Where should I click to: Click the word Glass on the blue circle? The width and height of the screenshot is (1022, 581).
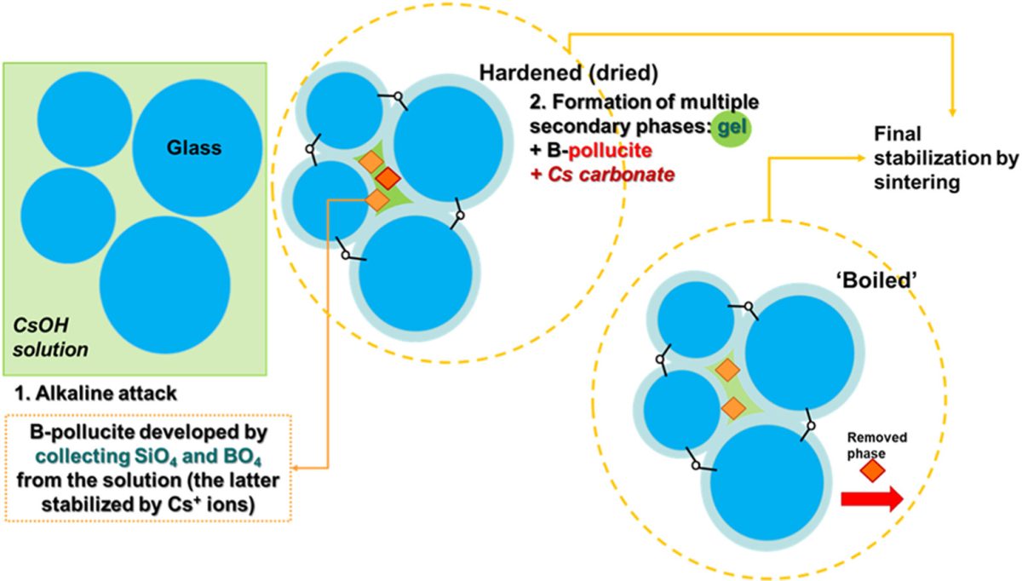tap(193, 148)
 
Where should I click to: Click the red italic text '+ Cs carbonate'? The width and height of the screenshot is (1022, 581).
tap(601, 175)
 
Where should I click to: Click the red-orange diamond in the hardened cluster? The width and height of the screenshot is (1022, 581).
tap(388, 177)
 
